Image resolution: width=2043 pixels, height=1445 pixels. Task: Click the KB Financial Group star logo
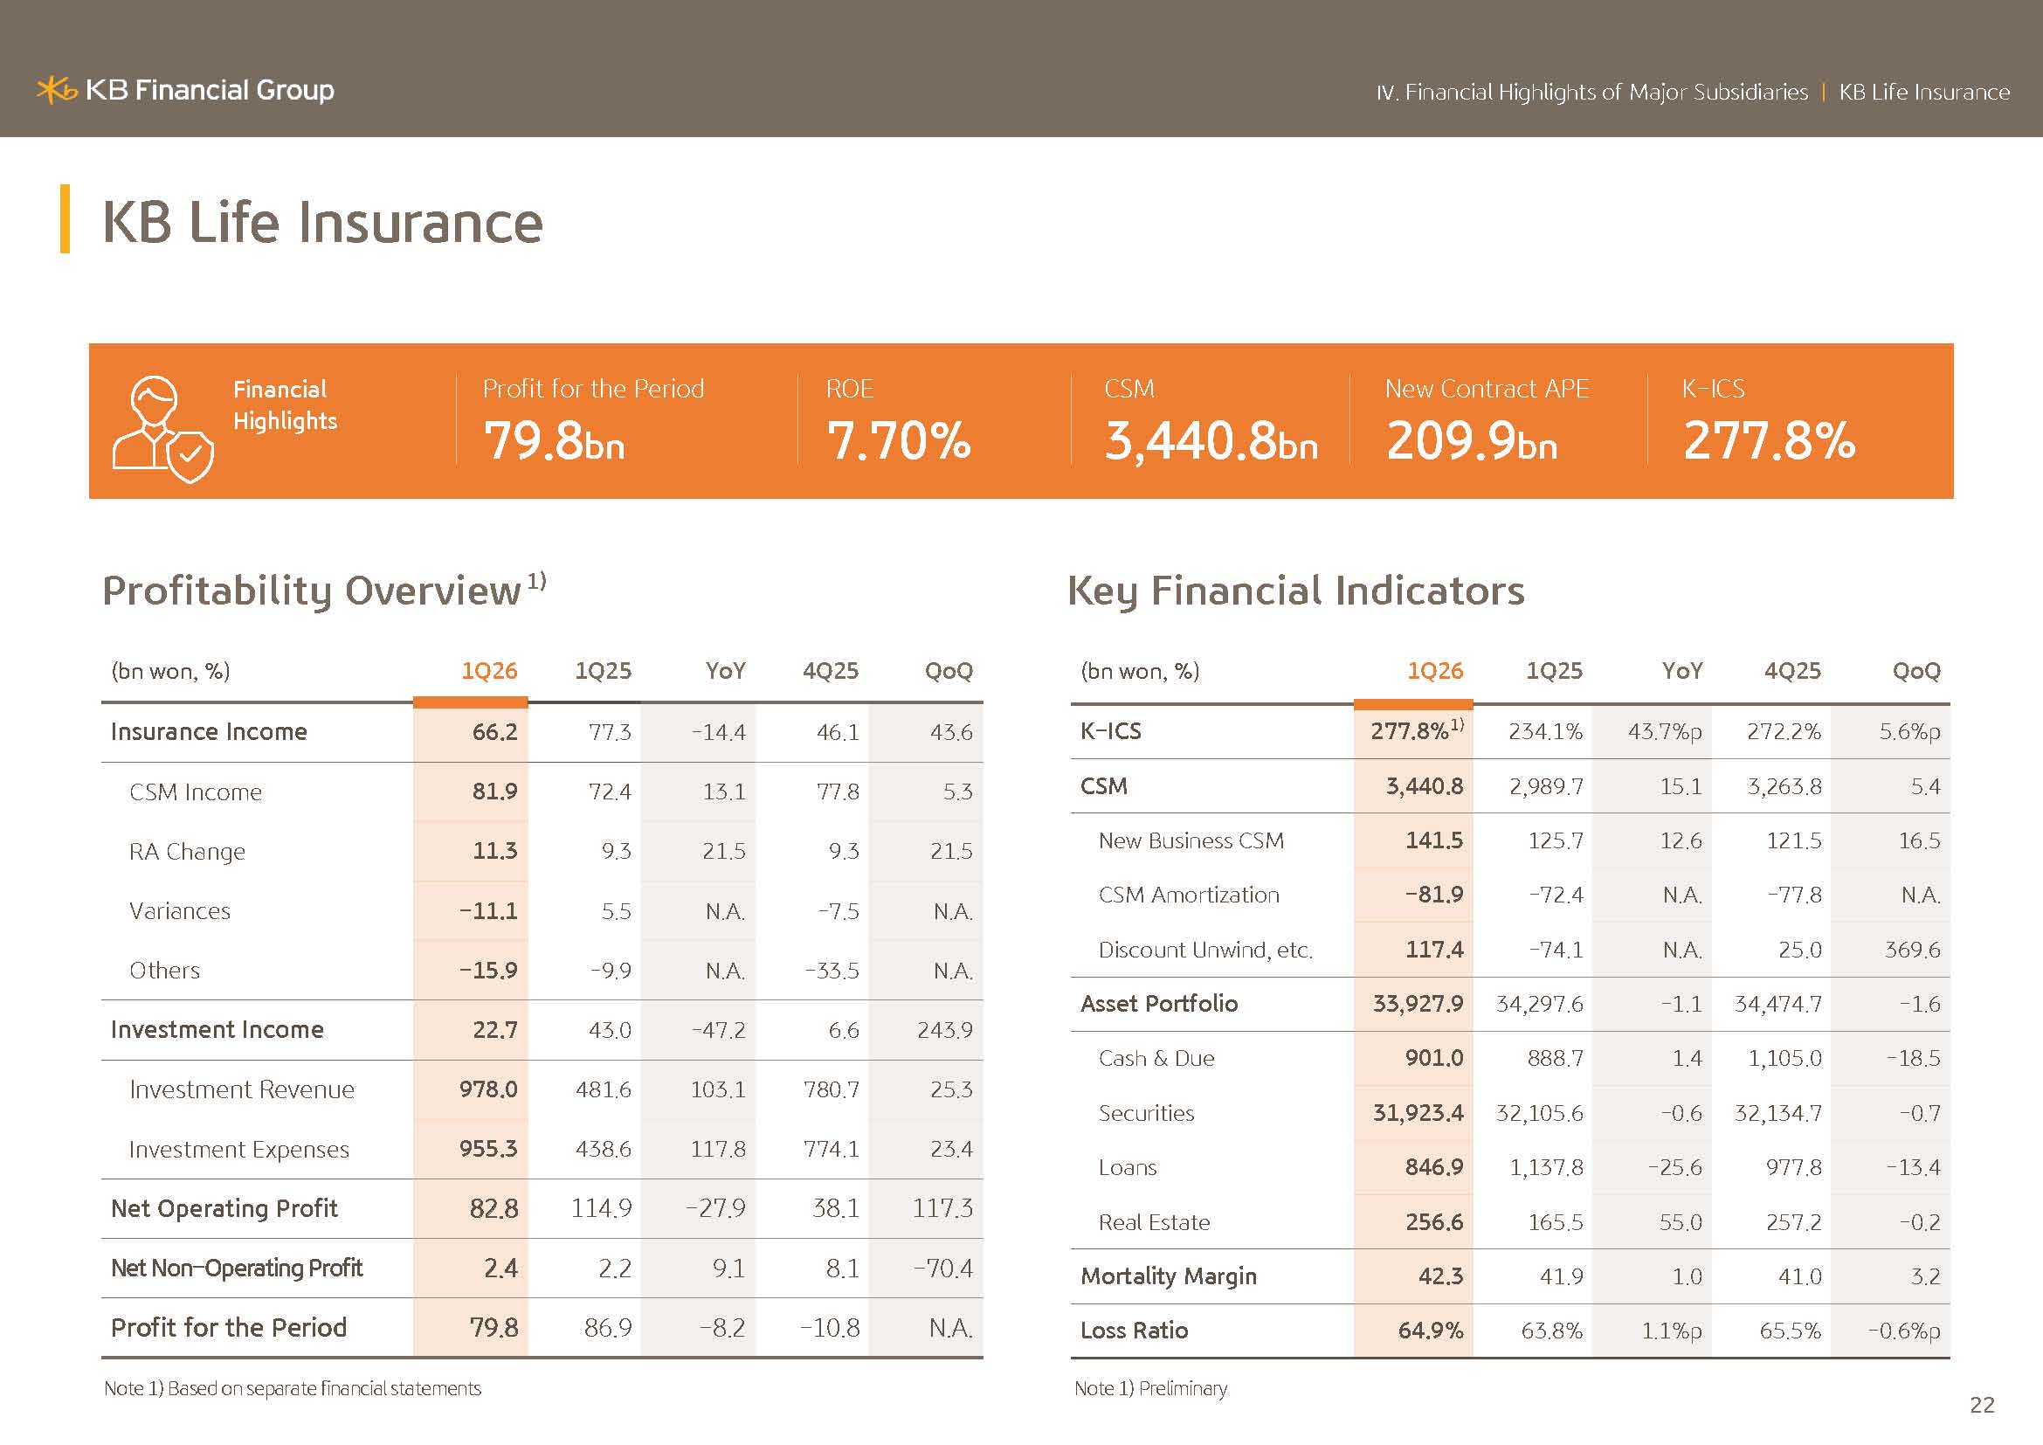[x=57, y=90]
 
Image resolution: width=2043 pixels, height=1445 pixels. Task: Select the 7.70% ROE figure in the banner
[x=899, y=440]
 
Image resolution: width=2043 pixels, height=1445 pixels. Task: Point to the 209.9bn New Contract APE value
[x=1472, y=440]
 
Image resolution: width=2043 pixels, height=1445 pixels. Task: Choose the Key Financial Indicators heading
[x=1295, y=591]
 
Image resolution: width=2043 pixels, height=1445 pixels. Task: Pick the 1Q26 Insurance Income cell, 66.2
[x=494, y=732]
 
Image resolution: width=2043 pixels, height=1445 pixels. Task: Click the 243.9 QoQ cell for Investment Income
[x=945, y=1030]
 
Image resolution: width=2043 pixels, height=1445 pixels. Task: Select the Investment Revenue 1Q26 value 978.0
[x=488, y=1089]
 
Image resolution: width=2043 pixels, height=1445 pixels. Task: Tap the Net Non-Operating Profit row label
[x=237, y=1268]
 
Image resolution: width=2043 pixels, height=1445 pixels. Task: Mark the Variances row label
[x=180, y=911]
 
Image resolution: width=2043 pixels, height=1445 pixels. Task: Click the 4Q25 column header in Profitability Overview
[x=830, y=671]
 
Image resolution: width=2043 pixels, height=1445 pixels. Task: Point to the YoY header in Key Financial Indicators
[x=1681, y=671]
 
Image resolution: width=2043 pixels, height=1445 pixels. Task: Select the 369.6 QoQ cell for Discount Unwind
[x=1912, y=951]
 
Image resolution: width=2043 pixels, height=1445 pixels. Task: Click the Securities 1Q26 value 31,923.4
[x=1418, y=1113]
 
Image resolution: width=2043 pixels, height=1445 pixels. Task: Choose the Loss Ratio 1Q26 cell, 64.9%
[x=1430, y=1331]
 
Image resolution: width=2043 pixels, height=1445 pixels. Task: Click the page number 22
[x=1982, y=1405]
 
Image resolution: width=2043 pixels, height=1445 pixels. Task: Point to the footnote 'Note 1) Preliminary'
[x=1150, y=1389]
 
